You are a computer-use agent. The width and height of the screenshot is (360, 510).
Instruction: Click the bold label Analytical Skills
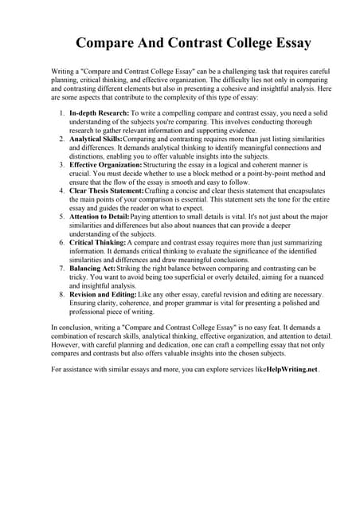pyautogui.click(x=96, y=139)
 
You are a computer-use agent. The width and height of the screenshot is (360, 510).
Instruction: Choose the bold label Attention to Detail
pyautogui.click(x=99, y=215)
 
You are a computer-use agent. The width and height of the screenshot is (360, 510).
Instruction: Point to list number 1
pyautogui.click(x=61, y=114)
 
